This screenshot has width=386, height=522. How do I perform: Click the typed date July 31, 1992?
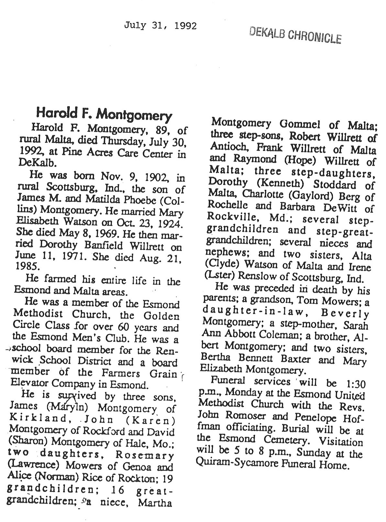(160, 26)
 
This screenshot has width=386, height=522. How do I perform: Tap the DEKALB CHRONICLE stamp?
(295, 35)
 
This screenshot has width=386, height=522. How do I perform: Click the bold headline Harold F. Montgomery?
(104, 114)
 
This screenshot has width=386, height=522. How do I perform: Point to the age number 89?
(159, 130)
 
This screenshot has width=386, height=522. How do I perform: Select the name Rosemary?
(144, 455)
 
